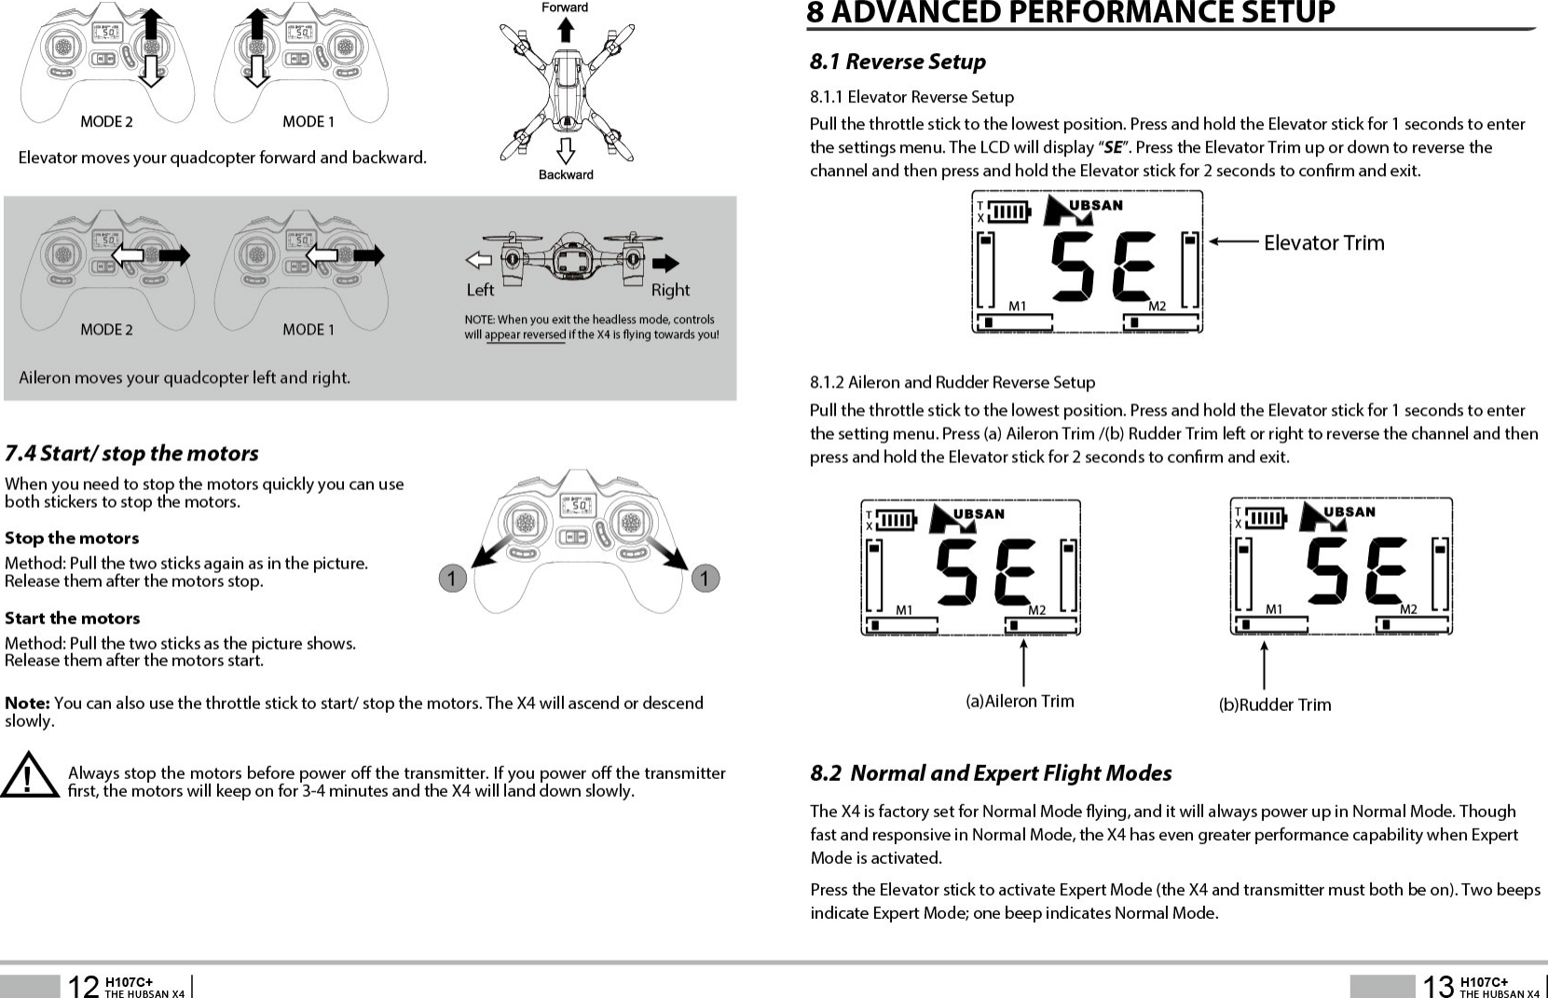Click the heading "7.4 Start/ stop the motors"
[131, 454]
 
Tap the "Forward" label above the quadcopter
[565, 7]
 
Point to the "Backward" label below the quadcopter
[566, 174]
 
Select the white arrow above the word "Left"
[478, 260]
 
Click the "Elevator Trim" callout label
[1323, 243]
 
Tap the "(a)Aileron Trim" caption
[1020, 701]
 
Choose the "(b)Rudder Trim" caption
[1275, 704]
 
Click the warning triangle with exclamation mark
[31, 775]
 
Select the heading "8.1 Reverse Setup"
[897, 62]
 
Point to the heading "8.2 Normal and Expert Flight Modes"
[991, 773]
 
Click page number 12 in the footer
[85, 985]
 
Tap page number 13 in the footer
[1438, 985]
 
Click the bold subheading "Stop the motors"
[72, 539]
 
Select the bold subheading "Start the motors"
[73, 619]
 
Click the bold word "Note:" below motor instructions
[27, 703]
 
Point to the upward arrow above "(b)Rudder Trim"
[1264, 663]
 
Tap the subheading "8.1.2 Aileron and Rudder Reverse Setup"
[952, 382]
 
